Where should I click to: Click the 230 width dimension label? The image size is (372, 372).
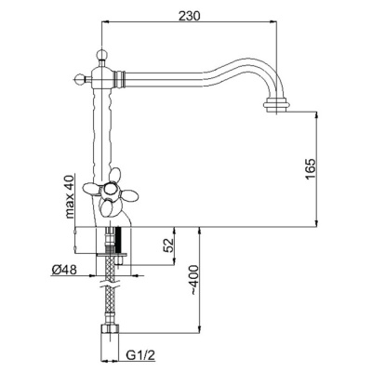[x=190, y=15]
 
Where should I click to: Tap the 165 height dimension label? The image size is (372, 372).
[x=310, y=169]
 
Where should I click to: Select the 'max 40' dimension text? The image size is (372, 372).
[x=70, y=197]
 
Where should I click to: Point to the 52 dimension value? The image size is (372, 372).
[x=168, y=246]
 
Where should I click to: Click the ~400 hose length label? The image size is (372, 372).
[x=193, y=280]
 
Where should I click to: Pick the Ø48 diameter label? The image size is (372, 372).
[x=63, y=271]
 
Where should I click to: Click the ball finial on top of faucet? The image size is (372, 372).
[x=102, y=54]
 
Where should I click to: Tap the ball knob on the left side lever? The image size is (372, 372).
[x=80, y=78]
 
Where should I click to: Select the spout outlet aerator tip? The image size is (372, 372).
[x=277, y=106]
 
